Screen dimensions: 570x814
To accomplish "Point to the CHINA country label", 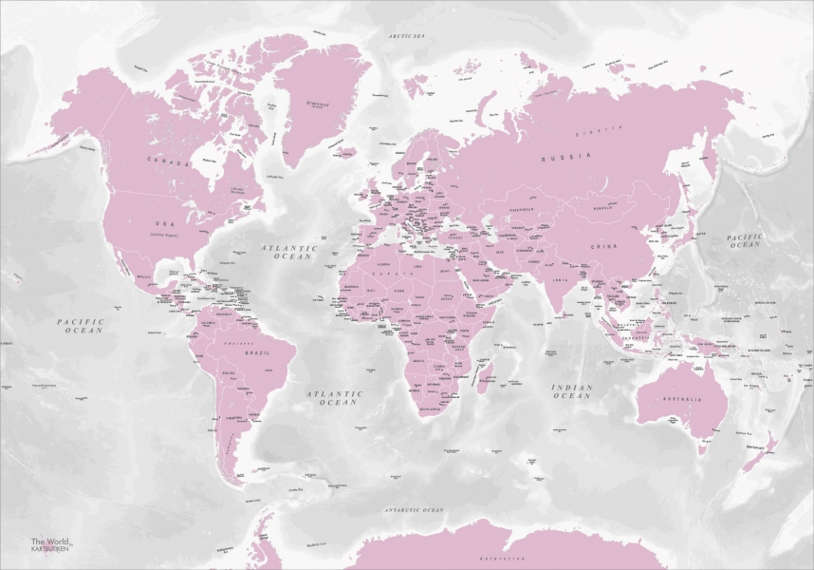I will pos(604,246).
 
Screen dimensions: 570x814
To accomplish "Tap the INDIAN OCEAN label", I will pos(572,391).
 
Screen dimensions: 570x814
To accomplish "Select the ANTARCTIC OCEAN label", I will pos(414,511).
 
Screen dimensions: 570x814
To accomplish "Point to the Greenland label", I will pos(317,104).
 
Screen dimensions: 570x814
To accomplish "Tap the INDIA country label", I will pos(561,281).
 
